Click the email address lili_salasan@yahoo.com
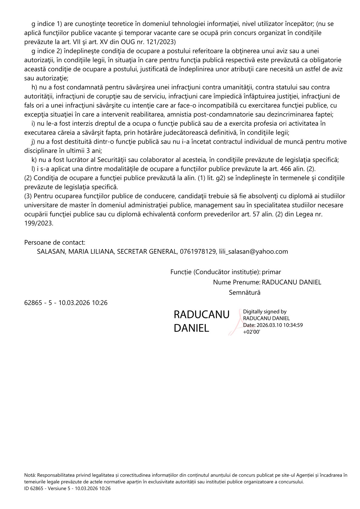point(254,251)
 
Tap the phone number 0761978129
point(198,251)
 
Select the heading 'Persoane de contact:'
point(55,242)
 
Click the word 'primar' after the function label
point(271,272)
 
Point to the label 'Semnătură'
point(244,293)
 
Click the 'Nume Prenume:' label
point(237,282)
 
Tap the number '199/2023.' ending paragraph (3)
point(39,223)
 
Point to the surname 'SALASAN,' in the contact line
point(51,251)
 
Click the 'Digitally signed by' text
point(265,312)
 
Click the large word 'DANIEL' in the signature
point(191,328)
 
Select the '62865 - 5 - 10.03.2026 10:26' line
point(66,303)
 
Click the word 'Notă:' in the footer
point(30,475)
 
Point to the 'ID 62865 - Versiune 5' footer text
point(47,488)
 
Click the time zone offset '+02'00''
point(252,332)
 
